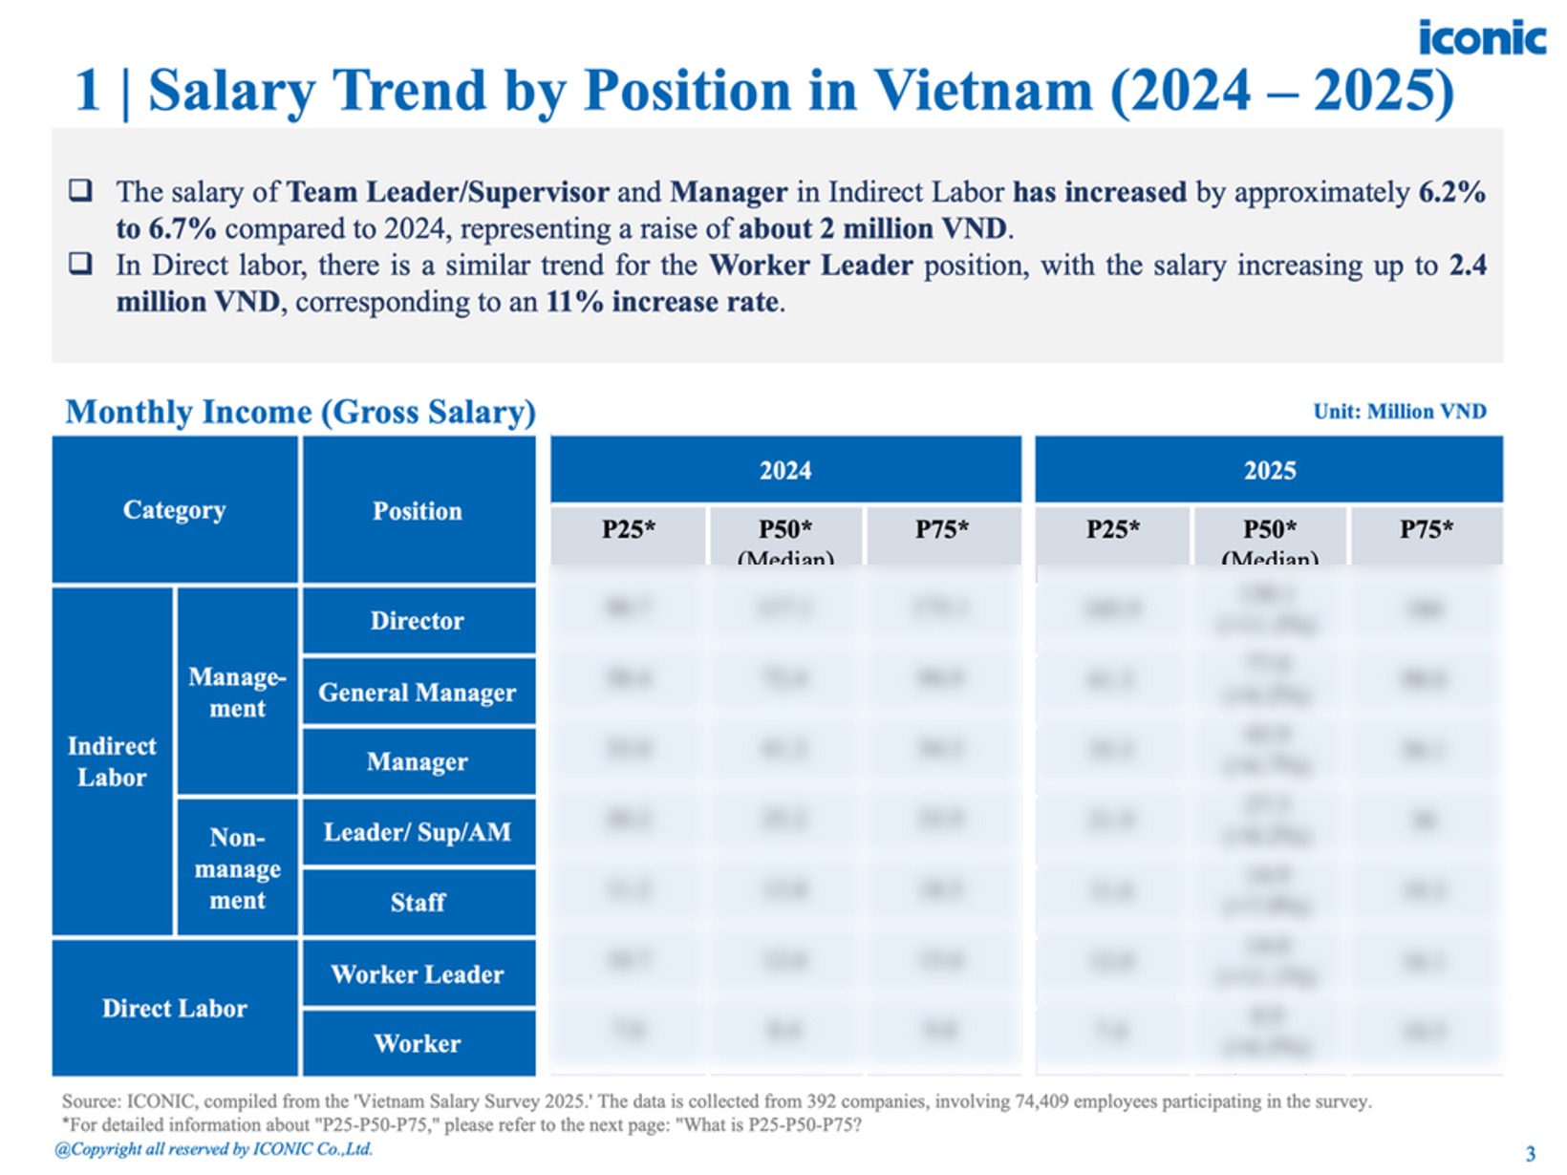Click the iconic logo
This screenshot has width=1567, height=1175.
pos(1481,38)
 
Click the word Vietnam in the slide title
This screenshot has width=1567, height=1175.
pos(983,92)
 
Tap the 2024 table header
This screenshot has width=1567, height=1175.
pos(785,470)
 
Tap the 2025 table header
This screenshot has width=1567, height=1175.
pos(1269,470)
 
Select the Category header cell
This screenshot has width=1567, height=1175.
pos(175,510)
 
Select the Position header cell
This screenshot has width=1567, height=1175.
pos(418,511)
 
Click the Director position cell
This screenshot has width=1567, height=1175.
pos(418,621)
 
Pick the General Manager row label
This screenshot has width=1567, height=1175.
pos(418,692)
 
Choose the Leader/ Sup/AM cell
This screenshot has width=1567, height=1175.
pos(418,832)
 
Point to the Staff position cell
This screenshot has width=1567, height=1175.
pos(418,902)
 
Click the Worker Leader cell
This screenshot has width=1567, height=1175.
pos(418,974)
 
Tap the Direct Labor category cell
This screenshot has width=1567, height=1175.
pos(175,1009)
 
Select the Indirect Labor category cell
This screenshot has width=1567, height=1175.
pos(112,761)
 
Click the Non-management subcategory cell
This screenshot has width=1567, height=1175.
pos(238,868)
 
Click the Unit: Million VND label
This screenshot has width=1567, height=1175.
pos(1400,412)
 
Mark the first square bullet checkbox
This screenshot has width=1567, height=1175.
pos(81,190)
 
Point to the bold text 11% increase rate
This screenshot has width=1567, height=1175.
pos(663,302)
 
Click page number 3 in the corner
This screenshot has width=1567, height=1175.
pos(1530,1153)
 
